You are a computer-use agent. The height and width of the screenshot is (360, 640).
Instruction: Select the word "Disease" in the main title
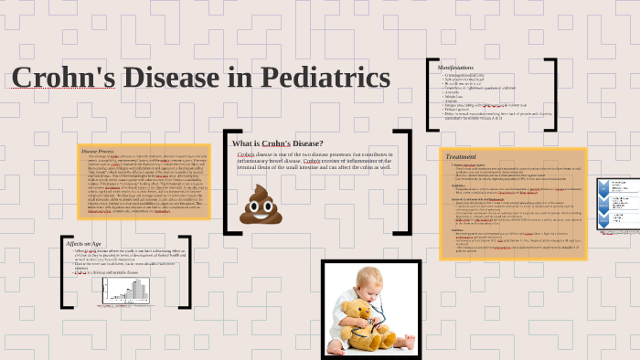click(180, 79)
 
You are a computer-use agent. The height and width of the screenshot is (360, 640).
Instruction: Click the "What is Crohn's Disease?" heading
click(277, 143)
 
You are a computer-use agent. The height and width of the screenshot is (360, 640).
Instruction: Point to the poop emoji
click(258, 205)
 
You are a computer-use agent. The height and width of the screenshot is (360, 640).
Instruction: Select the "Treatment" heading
click(461, 157)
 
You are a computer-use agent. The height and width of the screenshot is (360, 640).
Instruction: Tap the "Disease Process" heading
click(98, 151)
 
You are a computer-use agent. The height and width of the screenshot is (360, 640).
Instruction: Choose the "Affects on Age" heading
click(84, 244)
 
